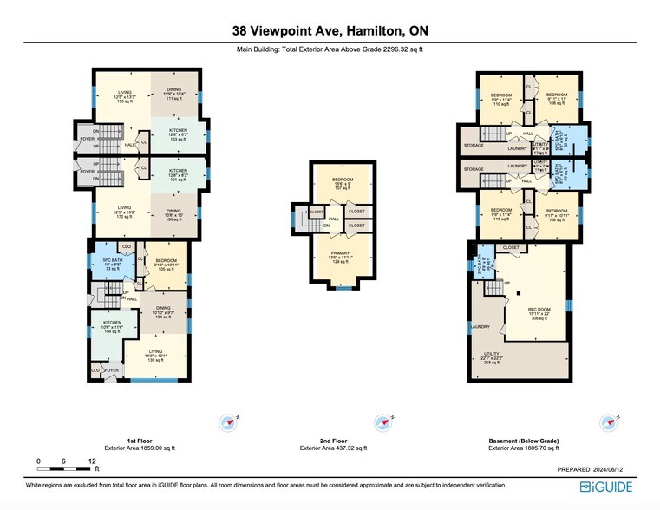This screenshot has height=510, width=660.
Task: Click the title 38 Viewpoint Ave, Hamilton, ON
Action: click(330, 31)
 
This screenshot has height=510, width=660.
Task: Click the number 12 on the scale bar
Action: click(91, 461)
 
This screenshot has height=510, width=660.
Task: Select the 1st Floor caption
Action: click(140, 441)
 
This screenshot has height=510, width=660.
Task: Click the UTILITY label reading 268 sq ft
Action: click(491, 357)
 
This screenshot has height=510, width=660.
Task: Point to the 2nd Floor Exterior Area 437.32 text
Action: click(333, 448)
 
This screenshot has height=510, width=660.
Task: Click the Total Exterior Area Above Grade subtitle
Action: click(330, 50)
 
